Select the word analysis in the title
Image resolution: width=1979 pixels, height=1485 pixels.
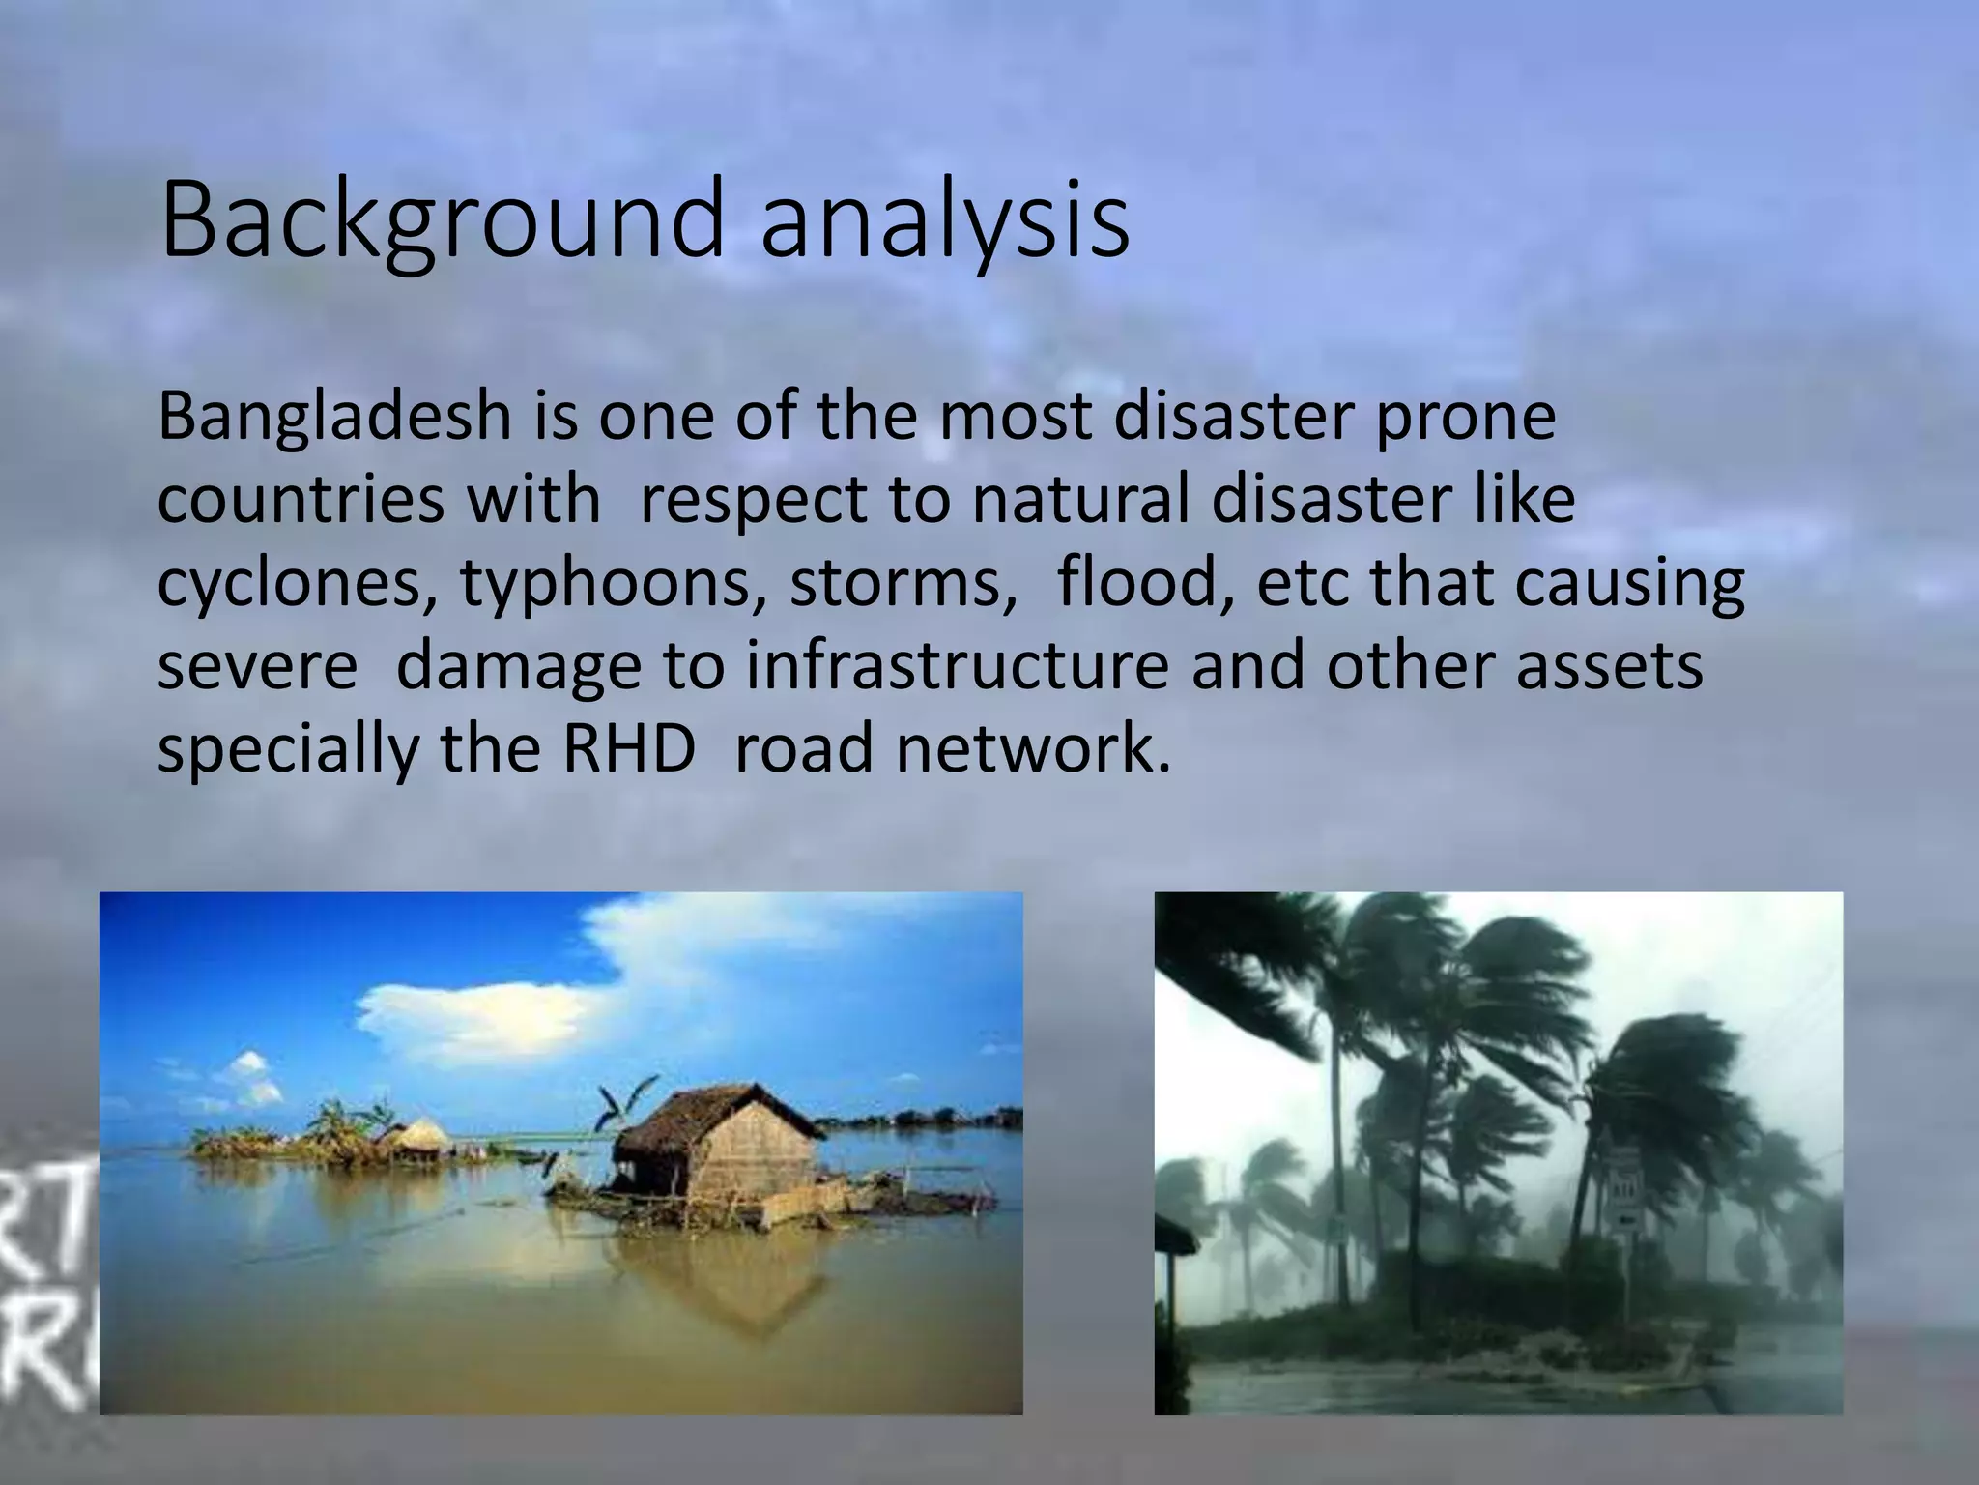[944, 220]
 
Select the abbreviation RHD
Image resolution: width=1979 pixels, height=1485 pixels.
[628, 749]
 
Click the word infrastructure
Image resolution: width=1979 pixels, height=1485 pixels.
[957, 667]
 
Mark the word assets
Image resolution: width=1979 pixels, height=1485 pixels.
[1609, 667]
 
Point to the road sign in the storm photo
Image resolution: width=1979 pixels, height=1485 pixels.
[1624, 1189]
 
